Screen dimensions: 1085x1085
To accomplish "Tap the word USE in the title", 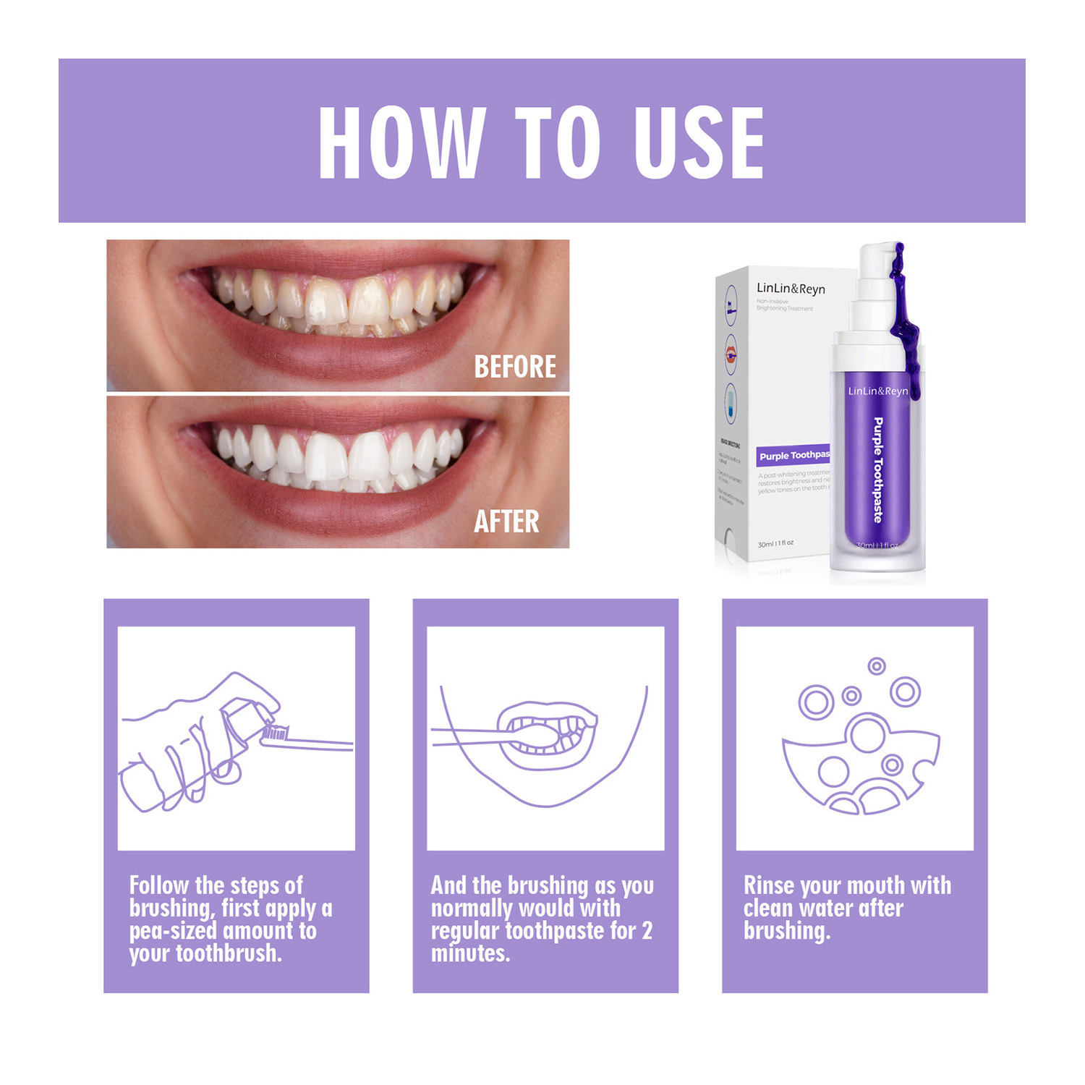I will (x=699, y=142).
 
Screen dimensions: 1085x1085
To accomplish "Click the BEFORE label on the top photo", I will (x=514, y=367).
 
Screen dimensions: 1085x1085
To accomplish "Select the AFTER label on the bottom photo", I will (x=506, y=522).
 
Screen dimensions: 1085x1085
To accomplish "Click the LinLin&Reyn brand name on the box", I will (x=790, y=289).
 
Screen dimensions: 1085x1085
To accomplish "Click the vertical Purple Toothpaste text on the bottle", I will (x=878, y=469).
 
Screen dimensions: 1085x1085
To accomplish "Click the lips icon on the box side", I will (x=731, y=354).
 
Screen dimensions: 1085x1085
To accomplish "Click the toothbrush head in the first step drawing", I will (x=276, y=733).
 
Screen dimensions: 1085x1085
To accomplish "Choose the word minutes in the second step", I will (x=470, y=953).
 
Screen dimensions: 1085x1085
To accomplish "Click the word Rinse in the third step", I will (x=769, y=885).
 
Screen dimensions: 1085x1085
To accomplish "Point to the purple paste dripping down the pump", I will (x=905, y=318).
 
